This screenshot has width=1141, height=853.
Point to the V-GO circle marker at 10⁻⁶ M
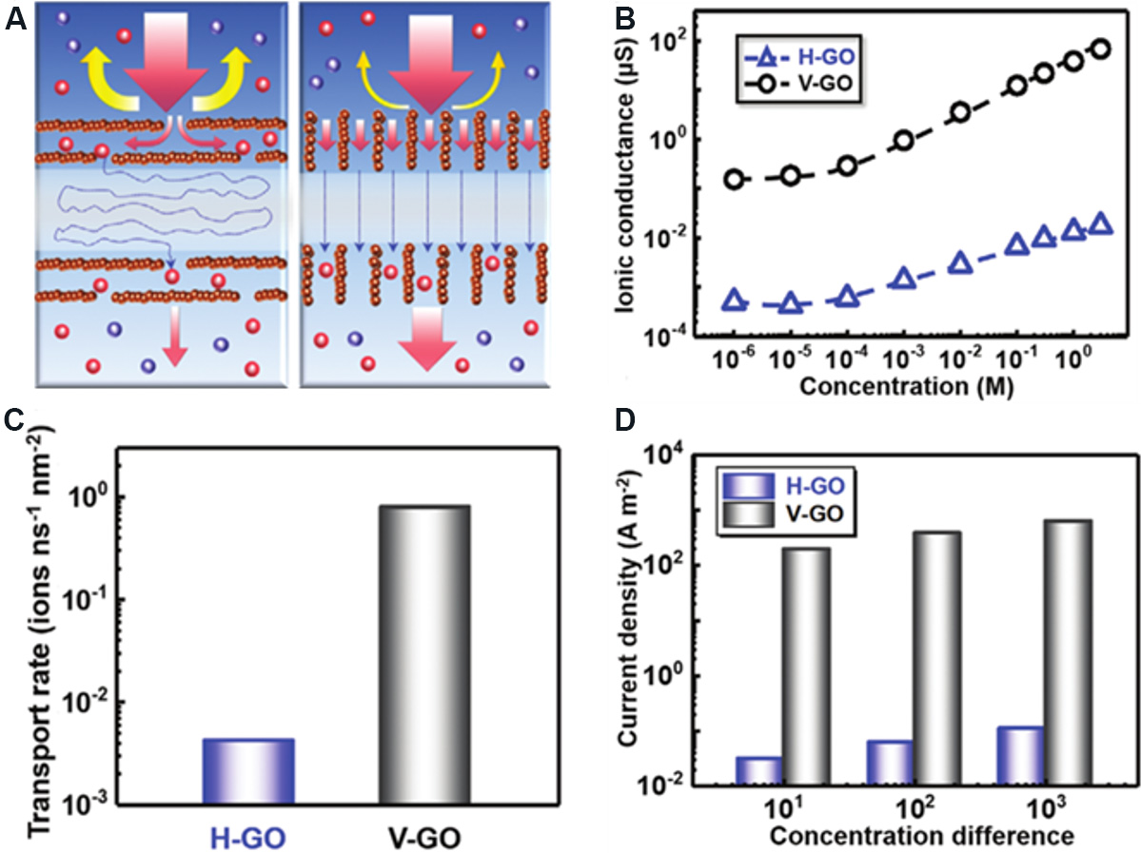734,179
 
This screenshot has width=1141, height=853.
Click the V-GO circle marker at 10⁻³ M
904,141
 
